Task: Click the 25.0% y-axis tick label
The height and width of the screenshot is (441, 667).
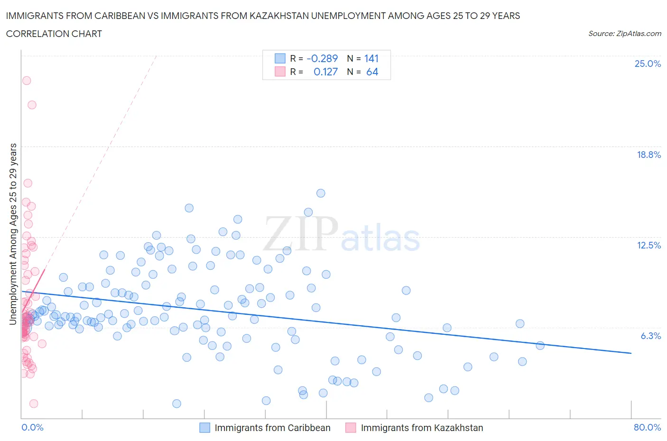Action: pos(648,64)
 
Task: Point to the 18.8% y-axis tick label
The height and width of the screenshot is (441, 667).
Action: pos(648,155)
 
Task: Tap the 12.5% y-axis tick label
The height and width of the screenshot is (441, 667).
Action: pos(648,245)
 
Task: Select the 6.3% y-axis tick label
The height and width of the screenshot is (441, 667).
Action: pos(650,336)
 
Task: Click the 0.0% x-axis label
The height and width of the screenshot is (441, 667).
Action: pos(32,427)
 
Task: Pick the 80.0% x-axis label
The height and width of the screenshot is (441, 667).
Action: pos(647,427)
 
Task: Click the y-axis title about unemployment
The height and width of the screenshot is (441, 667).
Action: pos(13,234)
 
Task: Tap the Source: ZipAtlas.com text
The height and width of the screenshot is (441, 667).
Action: pos(624,34)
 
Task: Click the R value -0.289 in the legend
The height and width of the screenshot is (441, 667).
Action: pos(322,58)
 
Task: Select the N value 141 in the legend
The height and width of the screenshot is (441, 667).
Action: pos(371,58)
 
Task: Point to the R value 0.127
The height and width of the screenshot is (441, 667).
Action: pos(325,72)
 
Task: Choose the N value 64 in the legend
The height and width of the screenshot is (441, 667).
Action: pos(372,72)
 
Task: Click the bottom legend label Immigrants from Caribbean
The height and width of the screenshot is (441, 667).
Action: pos(272,428)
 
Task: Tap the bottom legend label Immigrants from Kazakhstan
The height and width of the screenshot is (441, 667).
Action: pos(422,428)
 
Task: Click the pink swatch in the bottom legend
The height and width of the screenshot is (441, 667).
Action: pos(351,428)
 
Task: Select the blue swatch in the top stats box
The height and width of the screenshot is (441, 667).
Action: pos(280,58)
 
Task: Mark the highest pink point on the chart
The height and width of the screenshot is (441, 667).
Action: pos(27,81)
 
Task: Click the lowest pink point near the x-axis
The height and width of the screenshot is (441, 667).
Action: pos(34,404)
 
